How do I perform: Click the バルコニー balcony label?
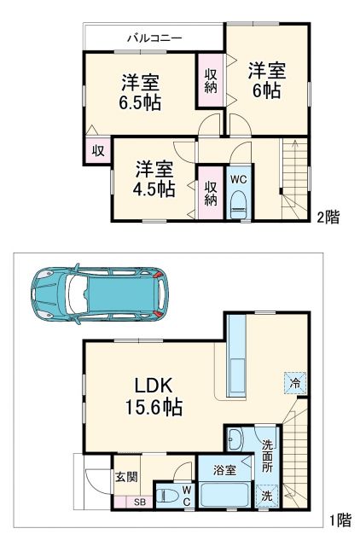click(x=155, y=38)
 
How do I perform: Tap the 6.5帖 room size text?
click(x=141, y=101)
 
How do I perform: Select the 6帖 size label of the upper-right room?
click(x=265, y=91)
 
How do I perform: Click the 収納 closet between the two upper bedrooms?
click(x=210, y=80)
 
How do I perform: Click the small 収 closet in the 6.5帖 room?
click(x=98, y=151)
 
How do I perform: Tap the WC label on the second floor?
click(x=238, y=178)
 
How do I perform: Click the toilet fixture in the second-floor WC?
click(x=238, y=200)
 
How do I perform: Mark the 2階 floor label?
click(x=328, y=217)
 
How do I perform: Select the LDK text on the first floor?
click(x=154, y=383)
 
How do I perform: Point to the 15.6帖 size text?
click(x=154, y=407)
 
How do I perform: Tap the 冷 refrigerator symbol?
click(x=293, y=384)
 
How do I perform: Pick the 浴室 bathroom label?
click(x=225, y=469)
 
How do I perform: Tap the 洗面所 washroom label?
click(x=267, y=451)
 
